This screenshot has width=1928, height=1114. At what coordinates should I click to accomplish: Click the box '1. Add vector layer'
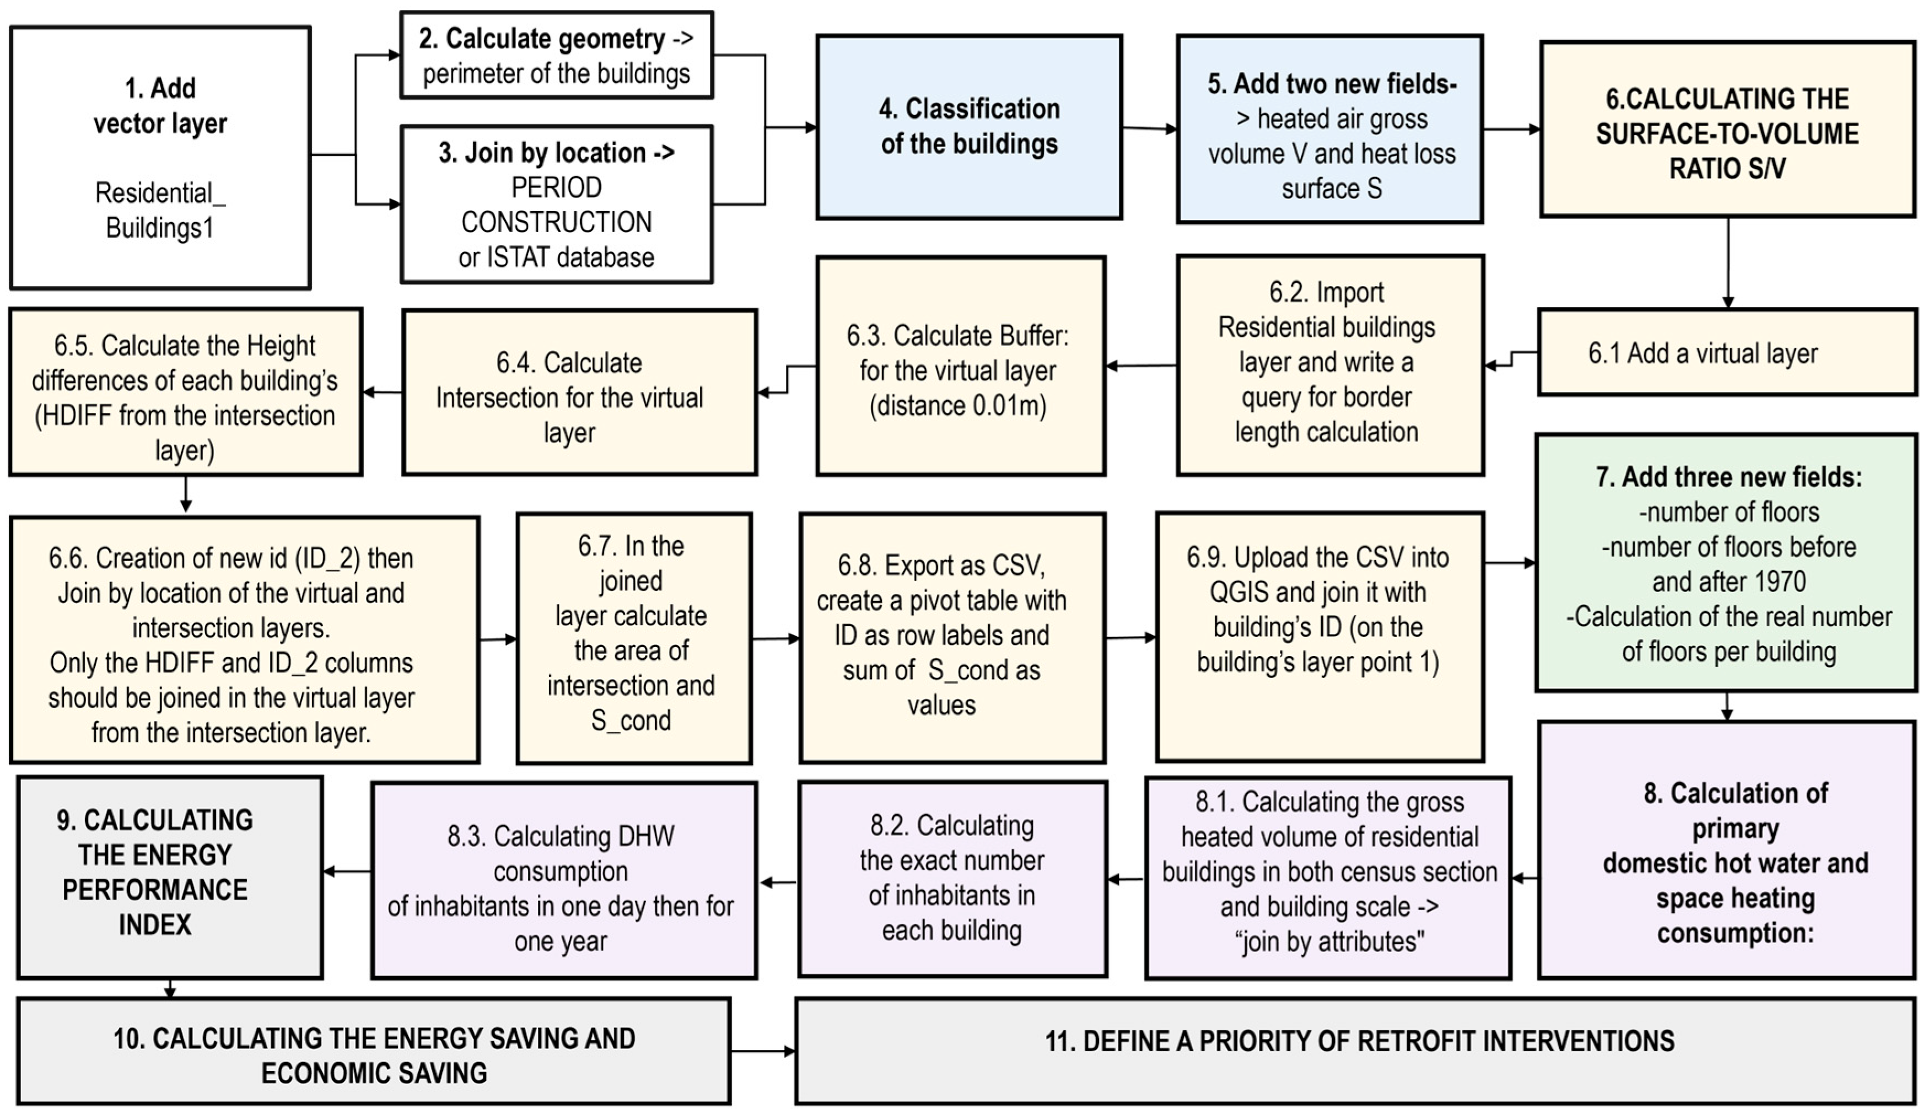[160, 158]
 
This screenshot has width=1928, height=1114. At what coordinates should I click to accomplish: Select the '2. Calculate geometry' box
[556, 55]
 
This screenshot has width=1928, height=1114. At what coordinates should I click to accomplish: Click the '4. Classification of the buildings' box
[968, 127]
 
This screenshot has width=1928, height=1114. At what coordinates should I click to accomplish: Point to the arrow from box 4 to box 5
[1149, 128]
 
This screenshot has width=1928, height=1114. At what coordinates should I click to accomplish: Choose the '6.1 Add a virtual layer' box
[1727, 353]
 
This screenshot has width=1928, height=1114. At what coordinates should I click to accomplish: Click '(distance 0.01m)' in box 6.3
[957, 406]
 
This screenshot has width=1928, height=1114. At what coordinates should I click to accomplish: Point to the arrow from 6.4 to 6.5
[383, 392]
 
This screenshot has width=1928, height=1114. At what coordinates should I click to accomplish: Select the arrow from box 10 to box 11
[763, 1051]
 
